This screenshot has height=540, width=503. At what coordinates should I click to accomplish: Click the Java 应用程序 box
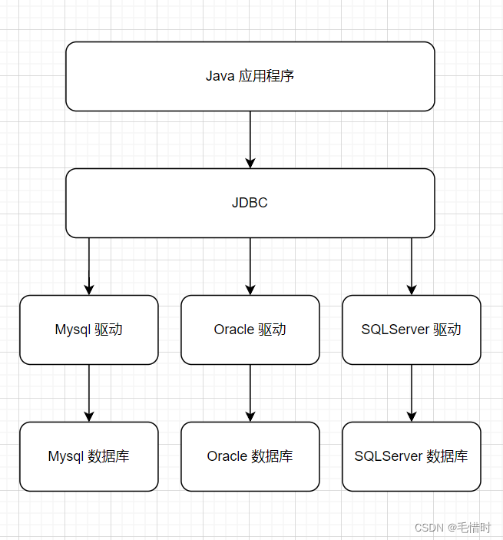250,77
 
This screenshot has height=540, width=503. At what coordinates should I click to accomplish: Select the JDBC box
250,204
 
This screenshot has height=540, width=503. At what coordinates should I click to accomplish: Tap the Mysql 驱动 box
88,330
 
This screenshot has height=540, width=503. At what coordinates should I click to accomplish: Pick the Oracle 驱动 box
250,330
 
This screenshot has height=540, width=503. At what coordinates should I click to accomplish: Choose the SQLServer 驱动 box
411,330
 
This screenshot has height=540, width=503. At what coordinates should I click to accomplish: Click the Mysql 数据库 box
88,457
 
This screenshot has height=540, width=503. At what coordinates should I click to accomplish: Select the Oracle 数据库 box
250,457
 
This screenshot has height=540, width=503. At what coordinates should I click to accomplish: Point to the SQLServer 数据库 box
411,457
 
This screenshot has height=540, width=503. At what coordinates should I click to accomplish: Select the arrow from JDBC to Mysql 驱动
89,266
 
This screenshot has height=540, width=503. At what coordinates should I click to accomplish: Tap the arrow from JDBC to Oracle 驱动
250,266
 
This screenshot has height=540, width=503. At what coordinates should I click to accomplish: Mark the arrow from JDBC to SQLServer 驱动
412,266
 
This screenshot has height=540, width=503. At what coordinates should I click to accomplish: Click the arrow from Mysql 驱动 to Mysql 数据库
89,393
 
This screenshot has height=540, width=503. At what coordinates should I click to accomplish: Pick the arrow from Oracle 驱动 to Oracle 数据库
250,393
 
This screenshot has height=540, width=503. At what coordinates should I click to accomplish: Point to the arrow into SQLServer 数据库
412,393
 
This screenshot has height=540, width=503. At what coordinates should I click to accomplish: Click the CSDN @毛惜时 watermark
452,528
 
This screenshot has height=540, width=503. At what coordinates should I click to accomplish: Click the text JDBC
250,204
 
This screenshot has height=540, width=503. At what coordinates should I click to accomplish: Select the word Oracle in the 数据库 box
227,456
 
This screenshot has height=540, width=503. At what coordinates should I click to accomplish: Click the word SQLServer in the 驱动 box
394,330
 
